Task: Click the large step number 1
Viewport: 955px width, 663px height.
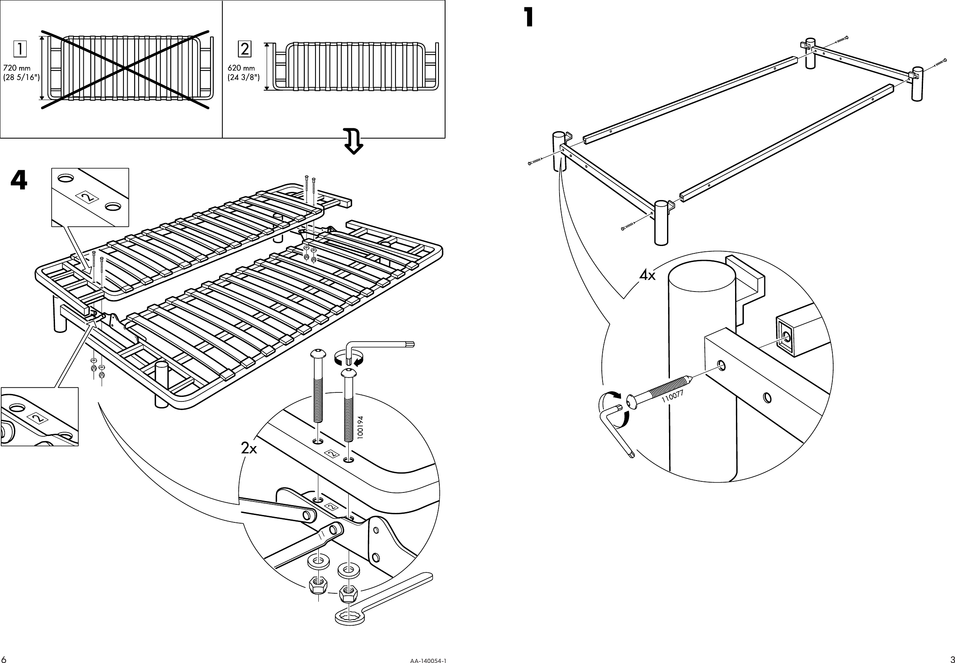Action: [x=528, y=18]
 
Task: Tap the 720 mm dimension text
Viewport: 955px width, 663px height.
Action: [x=17, y=68]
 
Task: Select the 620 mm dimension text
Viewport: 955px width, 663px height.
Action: [x=242, y=68]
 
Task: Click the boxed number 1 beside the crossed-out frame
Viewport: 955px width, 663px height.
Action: [x=19, y=50]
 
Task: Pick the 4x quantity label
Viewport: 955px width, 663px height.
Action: [x=647, y=275]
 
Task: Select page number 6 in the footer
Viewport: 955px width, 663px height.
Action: [x=4, y=659]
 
